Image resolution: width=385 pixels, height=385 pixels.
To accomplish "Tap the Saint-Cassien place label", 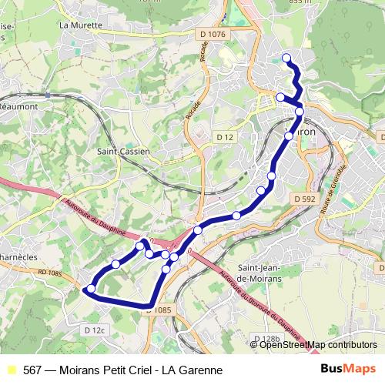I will tap(123, 152).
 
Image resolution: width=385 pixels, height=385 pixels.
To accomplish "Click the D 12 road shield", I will tap(225, 136).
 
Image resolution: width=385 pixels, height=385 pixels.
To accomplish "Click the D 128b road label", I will tap(266, 338).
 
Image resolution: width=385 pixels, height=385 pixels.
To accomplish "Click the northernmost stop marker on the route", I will tap(286, 58).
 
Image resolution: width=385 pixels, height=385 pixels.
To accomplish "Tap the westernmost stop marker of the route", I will tap(91, 289).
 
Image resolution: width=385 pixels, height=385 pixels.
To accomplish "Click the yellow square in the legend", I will tap(10, 370).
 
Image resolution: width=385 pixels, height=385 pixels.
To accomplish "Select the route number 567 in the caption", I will tap(32, 370).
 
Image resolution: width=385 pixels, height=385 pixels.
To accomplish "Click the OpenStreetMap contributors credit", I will tap(318, 345).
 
